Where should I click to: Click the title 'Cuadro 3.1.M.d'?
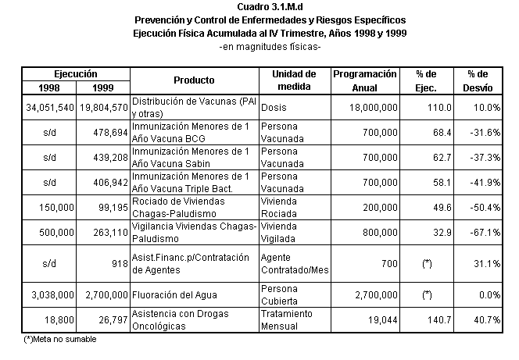270,6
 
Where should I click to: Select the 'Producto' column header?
194,80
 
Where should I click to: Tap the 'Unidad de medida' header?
294,80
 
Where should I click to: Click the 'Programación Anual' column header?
365,80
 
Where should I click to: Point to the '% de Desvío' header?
478,80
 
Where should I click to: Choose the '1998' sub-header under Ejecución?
49,88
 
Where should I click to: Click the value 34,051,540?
50,108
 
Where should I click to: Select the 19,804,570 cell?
104,108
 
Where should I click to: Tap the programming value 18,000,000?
374,108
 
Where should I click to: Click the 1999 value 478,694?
110,133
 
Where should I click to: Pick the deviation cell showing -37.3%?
485,158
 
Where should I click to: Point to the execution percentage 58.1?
442,183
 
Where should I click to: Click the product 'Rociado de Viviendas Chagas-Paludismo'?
178,208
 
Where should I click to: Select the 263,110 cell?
110,233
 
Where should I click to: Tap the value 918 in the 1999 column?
120,263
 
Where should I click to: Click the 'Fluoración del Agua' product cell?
174,295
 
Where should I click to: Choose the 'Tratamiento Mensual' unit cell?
286,320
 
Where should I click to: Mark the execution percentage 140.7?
439,320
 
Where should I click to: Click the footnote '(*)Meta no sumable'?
60,339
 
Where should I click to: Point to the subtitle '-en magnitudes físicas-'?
270,47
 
